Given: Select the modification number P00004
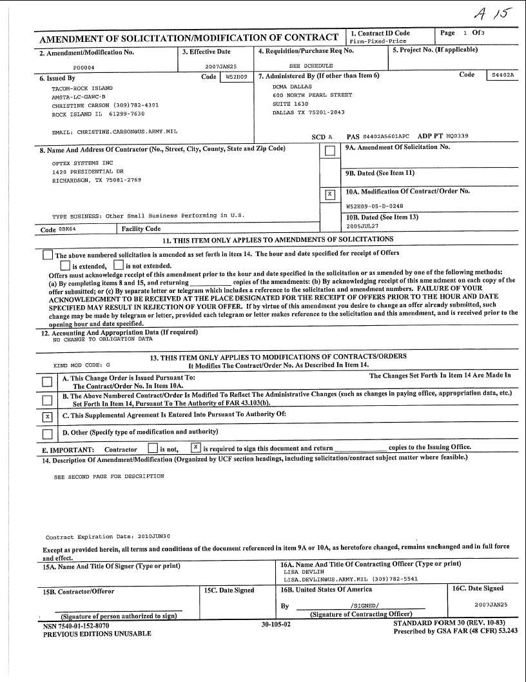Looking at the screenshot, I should [x=84, y=66].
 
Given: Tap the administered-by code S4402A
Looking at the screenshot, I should [x=503, y=75].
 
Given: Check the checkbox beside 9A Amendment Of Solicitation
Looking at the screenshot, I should [x=330, y=151].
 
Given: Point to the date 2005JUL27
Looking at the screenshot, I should [x=362, y=227].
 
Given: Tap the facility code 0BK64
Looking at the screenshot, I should [x=67, y=229].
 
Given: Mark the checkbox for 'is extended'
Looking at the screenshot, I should [x=65, y=265].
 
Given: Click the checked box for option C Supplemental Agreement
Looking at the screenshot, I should [x=46, y=416].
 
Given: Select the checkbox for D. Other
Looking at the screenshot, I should [x=46, y=434].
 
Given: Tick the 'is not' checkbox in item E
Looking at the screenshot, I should [x=152, y=448].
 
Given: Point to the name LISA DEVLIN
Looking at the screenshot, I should [x=304, y=572].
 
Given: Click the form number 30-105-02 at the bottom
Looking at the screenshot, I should [x=276, y=625].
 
